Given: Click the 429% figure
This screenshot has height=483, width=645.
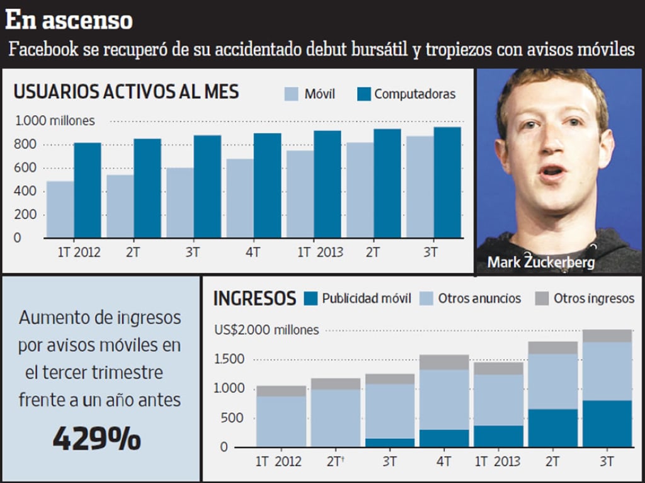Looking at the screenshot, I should point(96,439).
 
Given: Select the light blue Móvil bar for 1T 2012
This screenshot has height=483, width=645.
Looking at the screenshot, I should point(60,210).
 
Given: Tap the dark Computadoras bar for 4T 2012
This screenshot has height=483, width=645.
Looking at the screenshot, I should point(267,186).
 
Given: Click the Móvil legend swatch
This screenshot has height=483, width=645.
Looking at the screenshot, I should point(291,94).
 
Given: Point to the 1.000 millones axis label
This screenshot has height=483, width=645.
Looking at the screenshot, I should point(55,120).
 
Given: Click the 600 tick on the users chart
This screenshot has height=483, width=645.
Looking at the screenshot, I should point(26,168).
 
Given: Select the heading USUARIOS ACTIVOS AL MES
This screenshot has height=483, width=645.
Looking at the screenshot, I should point(126,92).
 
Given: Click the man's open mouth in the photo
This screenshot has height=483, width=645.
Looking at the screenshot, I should point(552,172).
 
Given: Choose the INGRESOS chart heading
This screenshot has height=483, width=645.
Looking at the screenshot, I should point(254,298).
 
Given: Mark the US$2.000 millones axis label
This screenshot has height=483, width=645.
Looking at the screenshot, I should point(266,330).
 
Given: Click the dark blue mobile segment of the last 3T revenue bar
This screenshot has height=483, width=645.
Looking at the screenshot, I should point(607,423).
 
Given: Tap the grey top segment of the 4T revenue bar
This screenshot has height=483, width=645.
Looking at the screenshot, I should point(444,362).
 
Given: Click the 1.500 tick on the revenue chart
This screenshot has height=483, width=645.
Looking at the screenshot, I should point(229,360).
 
